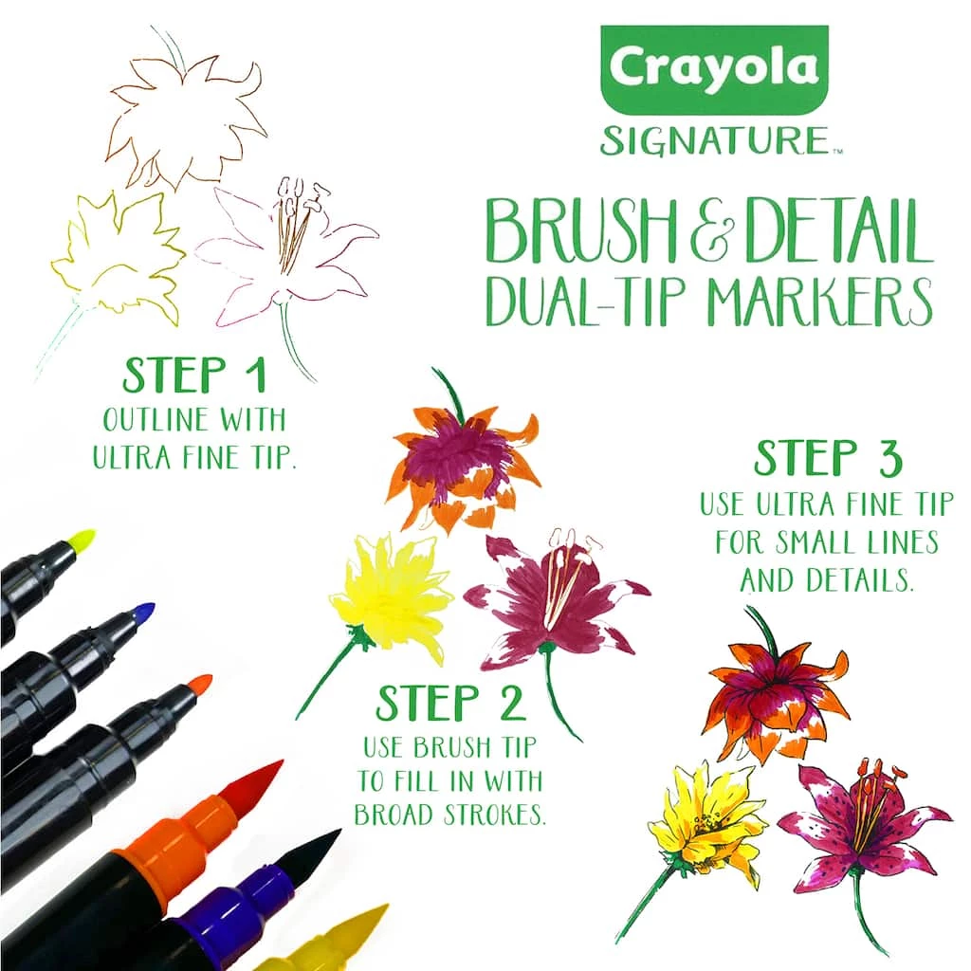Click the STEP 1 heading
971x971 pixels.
[193, 376]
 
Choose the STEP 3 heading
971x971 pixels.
[828, 459]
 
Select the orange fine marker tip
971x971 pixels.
[199, 683]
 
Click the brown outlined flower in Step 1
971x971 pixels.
[185, 123]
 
